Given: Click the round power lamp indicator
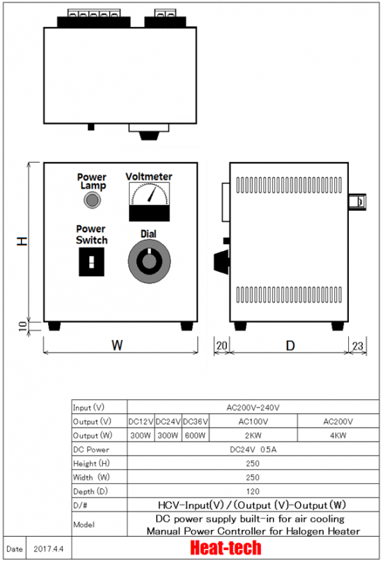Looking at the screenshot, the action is pos(92,200).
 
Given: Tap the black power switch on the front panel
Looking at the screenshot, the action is pos(91,261).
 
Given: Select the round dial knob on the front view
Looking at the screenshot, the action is pos(149,261).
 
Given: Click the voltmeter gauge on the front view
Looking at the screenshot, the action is pos(149,202).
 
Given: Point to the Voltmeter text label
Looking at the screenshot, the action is pos(149,176).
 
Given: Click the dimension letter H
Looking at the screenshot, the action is pos(22,241).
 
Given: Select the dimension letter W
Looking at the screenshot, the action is pos(117,346).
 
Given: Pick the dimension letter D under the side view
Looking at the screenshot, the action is pos(290,346).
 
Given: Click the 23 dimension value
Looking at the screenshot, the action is pos(357,346).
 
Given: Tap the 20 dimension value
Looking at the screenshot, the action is pos(221,346).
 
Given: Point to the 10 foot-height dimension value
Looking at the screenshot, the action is pos(23,326).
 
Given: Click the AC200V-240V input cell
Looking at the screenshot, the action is pos(253,408).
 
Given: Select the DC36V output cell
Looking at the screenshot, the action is pos(195,421).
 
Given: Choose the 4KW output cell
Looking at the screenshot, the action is pos(338,435).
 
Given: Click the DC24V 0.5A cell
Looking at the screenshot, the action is pos(253,449).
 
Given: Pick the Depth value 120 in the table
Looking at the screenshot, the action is pos(253,492).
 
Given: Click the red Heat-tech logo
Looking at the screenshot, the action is pos(226,548).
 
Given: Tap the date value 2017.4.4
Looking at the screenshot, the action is pos(48,549).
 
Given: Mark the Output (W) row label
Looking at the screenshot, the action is pos(93,435).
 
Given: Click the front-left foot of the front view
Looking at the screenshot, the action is pos(54,326).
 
